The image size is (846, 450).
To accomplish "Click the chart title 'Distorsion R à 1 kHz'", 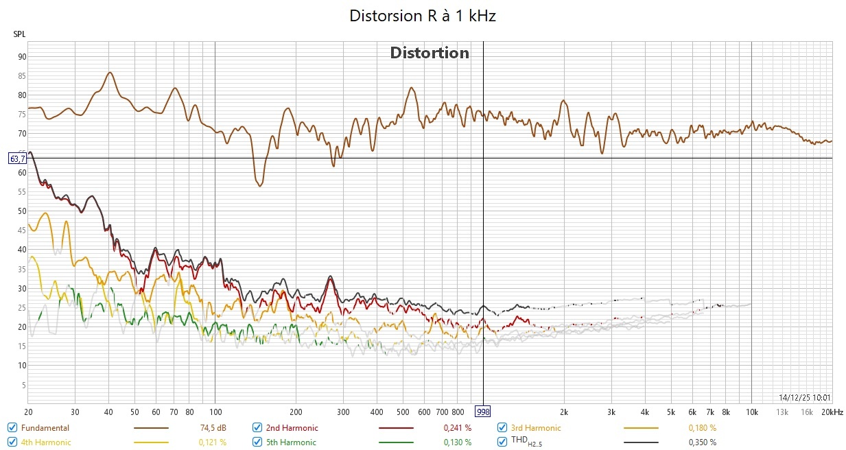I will coord(423,16).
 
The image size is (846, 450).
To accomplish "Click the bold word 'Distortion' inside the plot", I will coord(430,53).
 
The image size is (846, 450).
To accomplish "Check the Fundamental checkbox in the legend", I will coord(12,428).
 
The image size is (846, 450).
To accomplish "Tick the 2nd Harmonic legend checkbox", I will coord(257,428).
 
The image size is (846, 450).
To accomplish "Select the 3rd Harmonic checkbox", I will coord(502,428).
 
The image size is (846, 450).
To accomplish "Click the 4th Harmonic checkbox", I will coord(12,442).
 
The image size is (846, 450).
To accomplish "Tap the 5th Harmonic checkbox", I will coord(257,442).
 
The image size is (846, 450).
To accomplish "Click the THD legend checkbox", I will coord(502,442).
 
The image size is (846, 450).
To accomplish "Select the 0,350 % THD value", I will coord(702,442).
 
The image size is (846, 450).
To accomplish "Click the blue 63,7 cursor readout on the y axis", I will coord(17,158).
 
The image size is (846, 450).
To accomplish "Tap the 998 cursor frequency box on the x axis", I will coord(484,412).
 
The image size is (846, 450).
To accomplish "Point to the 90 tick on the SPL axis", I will coord(22,57).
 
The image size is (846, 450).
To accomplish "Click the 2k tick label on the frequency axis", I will coord(564,412).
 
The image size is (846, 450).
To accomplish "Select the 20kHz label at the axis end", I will coord(832,412).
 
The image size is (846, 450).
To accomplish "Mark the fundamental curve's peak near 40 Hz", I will coord(109,72).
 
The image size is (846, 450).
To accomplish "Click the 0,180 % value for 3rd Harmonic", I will coord(702,428).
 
